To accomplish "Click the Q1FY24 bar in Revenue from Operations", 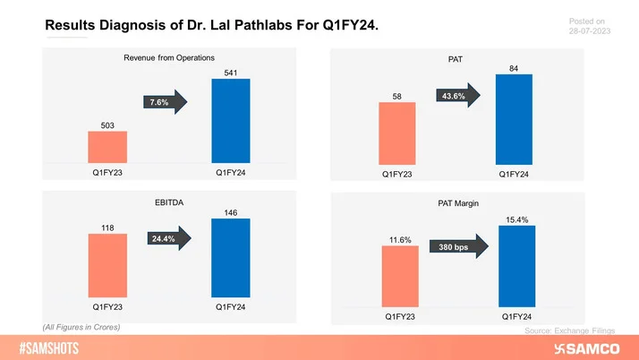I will (231, 121).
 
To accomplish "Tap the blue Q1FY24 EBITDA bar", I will (231, 258).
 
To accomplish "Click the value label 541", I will (231, 71).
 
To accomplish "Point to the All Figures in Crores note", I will (81, 327).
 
